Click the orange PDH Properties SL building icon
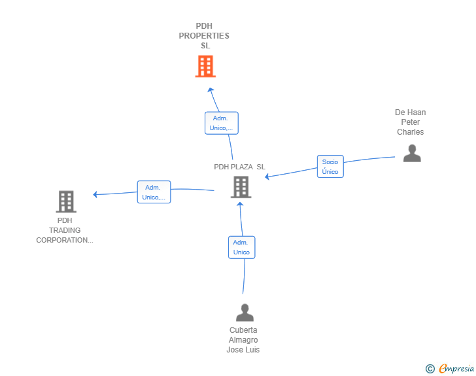[205, 66]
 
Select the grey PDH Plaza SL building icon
[241, 187]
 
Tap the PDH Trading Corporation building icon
[65, 201]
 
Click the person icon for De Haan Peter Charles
[411, 153]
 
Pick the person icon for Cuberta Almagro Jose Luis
[245, 313]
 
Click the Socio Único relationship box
[330, 167]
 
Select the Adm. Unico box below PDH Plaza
[241, 247]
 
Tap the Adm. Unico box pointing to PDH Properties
[221, 123]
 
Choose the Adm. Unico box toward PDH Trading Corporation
[154, 192]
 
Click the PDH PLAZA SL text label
[239, 167]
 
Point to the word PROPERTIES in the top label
[204, 36]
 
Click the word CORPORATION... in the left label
[65, 240]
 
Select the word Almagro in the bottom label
[243, 340]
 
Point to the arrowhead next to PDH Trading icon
[95, 194]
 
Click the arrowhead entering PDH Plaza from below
[241, 204]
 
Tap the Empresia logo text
[456, 369]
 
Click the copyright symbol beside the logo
[430, 369]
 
